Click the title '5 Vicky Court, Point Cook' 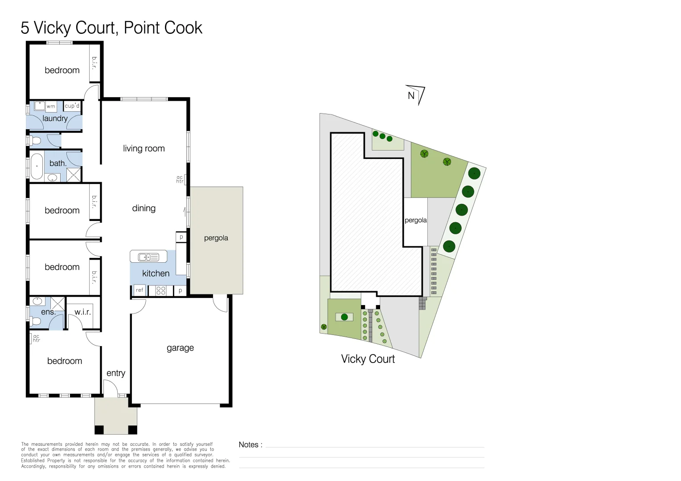tap(111, 28)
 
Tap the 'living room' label tap(144, 148)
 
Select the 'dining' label tap(144, 208)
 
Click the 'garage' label tap(180, 348)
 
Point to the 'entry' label tap(115, 373)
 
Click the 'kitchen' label tap(156, 273)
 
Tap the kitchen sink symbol tap(148, 257)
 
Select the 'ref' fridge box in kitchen tap(139, 290)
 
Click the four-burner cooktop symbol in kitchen tap(161, 291)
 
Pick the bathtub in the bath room tap(37, 166)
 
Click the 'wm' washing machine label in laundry tap(51, 106)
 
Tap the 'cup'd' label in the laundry tap(72, 106)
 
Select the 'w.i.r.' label tap(82, 312)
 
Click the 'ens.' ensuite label tap(48, 312)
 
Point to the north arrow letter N tap(411, 95)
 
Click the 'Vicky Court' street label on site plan tap(368, 359)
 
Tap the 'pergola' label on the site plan tap(415, 220)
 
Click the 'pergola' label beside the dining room tap(216, 238)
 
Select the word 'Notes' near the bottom tap(248, 444)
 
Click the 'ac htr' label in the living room tap(180, 179)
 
